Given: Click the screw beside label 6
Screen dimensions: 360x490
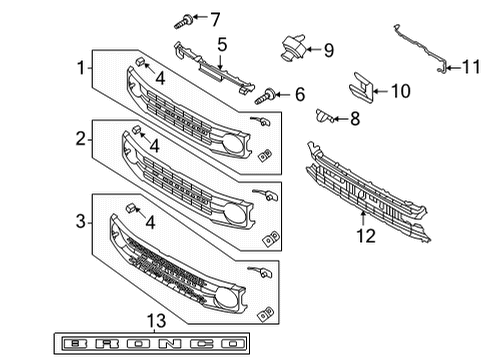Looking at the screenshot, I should pos(267,95).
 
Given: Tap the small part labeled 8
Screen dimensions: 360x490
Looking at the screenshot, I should pos(324,117).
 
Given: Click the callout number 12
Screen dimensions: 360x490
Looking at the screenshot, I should pos(364,237).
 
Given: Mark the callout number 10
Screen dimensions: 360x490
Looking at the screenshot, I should pos(400,91).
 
